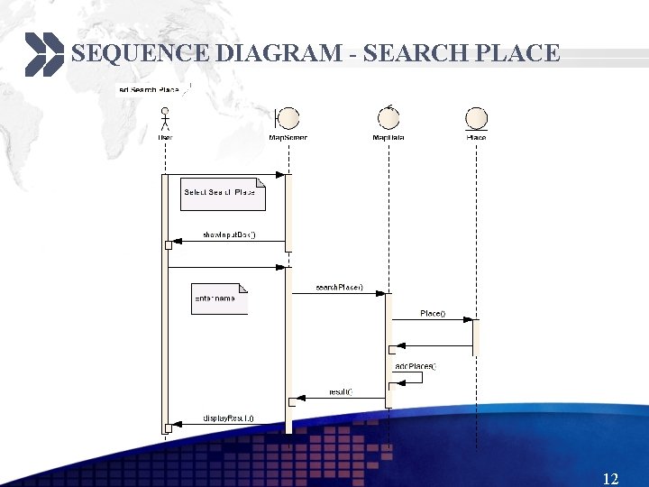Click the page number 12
click(610, 477)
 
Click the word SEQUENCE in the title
click(141, 53)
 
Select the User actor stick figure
click(165, 118)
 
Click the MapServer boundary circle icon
click(288, 118)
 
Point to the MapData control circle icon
click(388, 117)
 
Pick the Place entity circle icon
click(476, 117)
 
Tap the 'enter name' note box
click(218, 299)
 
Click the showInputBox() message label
click(229, 234)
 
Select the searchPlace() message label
click(339, 287)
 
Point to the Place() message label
click(433, 313)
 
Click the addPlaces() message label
click(416, 365)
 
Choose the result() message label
click(340, 391)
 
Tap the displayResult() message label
click(228, 418)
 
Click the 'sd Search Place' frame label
click(151, 89)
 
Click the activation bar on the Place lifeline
click(476, 335)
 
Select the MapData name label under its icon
click(388, 137)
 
